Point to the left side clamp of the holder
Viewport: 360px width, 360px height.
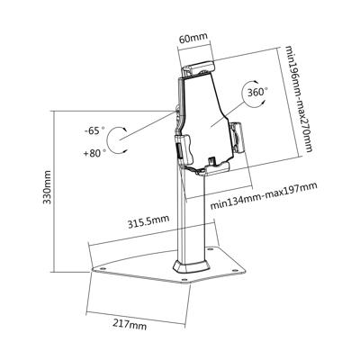(185, 147)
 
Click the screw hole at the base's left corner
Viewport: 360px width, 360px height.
(97, 266)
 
